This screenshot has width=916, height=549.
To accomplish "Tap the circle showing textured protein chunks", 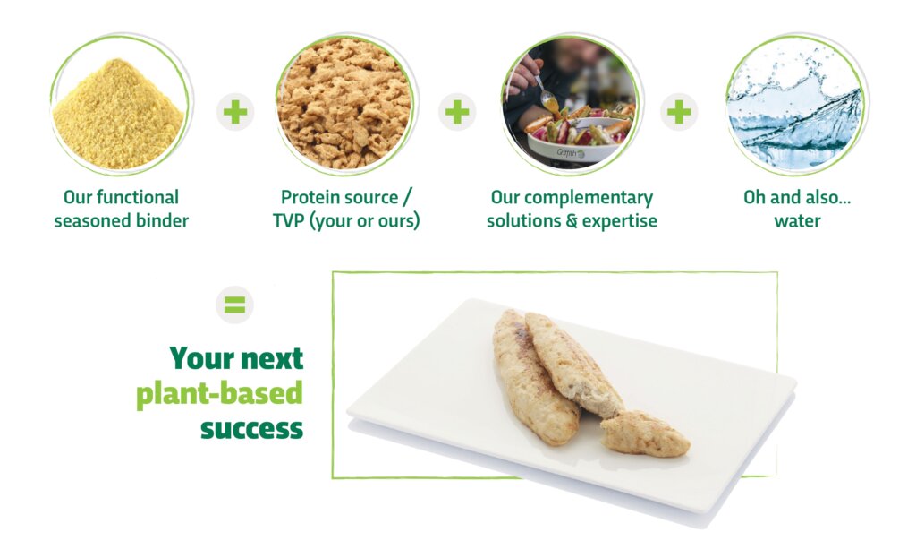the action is click(345, 104).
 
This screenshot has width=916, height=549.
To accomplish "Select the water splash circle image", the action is click(796, 104).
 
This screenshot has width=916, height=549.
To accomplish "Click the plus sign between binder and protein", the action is click(235, 112).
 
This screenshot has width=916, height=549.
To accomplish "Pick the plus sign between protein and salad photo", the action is click(457, 112).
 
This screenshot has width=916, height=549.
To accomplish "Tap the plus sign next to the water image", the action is click(679, 112).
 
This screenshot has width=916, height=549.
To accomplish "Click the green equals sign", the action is click(235, 305).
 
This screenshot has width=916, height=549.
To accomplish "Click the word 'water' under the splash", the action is click(797, 221).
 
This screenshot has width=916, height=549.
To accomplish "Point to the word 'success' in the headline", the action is click(251, 429).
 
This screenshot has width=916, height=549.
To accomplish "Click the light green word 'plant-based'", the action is click(220, 393).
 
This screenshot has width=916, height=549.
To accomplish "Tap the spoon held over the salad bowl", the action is click(545, 93).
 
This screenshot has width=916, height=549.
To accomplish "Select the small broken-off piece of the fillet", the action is click(645, 433).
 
